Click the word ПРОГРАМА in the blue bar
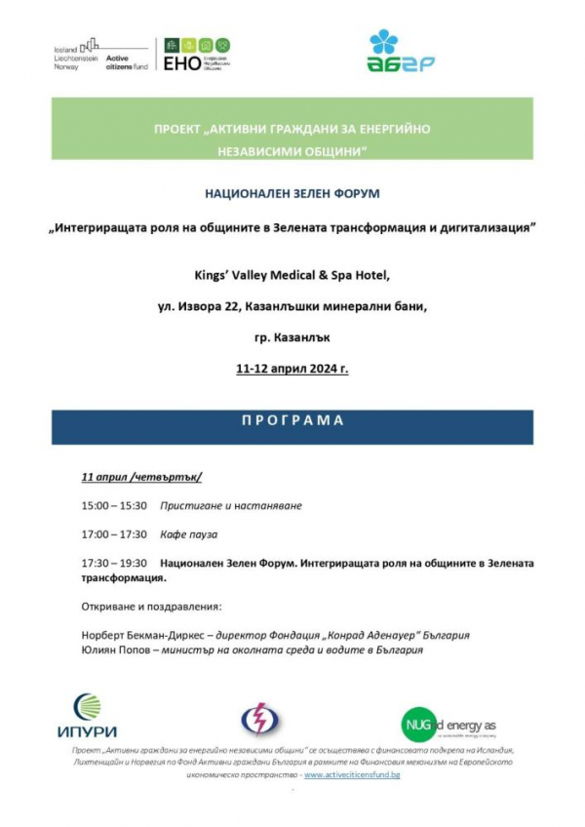point(292,421)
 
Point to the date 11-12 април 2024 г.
point(292,370)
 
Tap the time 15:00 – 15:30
point(114,506)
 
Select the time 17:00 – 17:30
point(114,534)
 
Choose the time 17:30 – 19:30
point(114,563)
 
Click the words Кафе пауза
point(189,534)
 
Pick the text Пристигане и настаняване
point(231,506)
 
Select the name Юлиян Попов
point(112,650)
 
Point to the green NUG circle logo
point(418,724)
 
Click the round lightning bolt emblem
point(260,720)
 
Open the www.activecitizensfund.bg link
point(352,774)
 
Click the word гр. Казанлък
point(292,338)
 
